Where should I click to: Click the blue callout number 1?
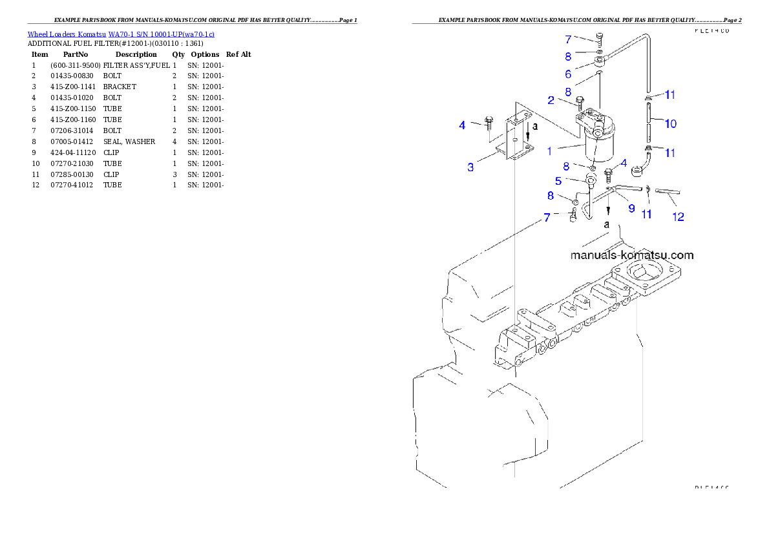click(x=549, y=151)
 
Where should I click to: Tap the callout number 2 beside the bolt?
click(x=551, y=100)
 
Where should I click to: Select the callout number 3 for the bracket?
click(x=471, y=167)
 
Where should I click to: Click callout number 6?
click(x=568, y=74)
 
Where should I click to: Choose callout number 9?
click(x=631, y=208)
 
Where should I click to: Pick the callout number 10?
click(x=671, y=123)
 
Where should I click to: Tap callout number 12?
click(x=678, y=217)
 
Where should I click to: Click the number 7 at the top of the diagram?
click(x=568, y=39)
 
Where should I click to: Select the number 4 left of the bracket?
click(x=462, y=125)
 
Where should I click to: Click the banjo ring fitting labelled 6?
click(x=599, y=63)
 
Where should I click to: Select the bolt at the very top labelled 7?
click(x=600, y=38)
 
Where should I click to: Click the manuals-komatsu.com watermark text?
click(x=631, y=255)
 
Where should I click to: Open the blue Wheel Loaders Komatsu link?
click(x=121, y=34)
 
